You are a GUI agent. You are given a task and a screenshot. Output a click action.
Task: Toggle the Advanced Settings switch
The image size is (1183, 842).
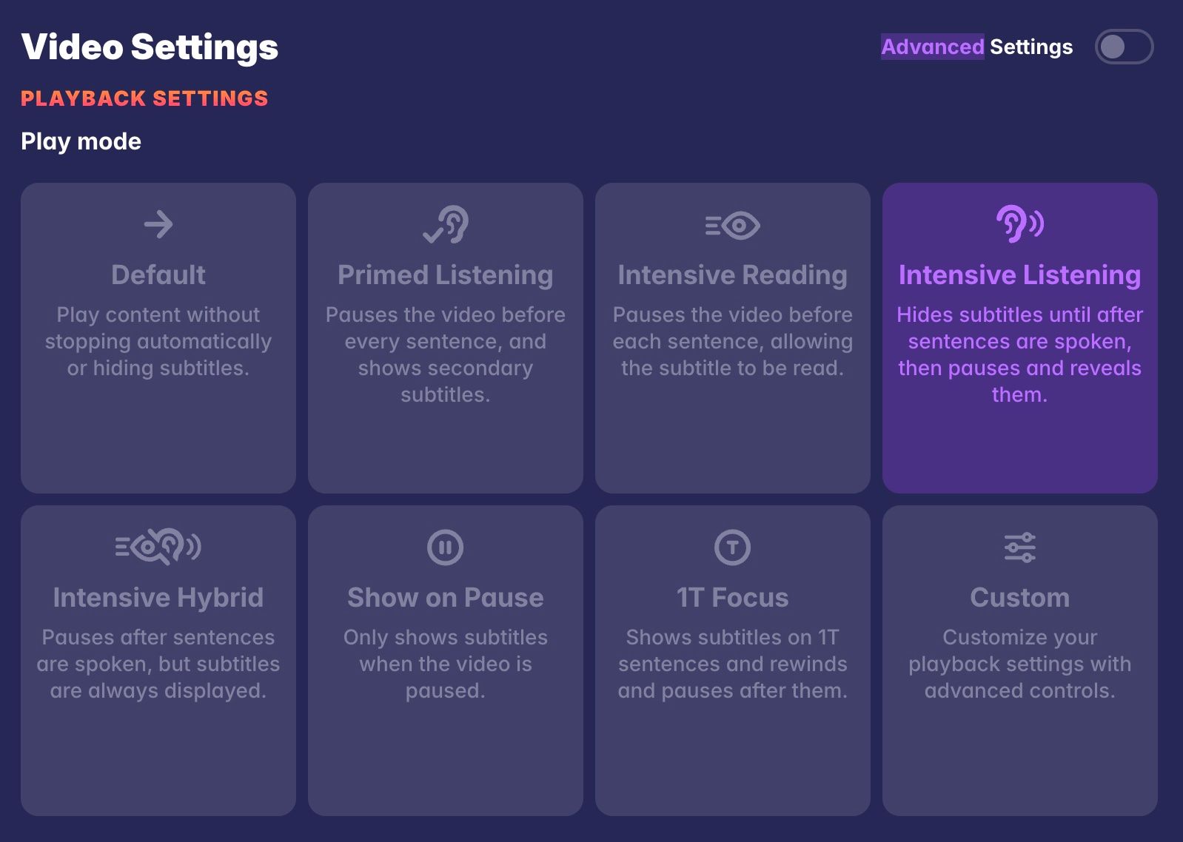point(1123,47)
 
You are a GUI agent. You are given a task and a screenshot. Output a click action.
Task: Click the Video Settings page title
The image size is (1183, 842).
point(150,47)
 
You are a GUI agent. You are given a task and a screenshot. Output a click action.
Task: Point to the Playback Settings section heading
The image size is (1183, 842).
point(144,98)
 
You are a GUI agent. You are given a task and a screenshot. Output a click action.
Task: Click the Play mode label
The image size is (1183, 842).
point(81,141)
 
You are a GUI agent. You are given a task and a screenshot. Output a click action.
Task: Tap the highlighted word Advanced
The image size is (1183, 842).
point(932,47)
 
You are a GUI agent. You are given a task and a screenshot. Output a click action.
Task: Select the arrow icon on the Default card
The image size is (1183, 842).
point(158,224)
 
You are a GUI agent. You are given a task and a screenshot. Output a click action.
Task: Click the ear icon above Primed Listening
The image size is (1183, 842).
point(446,224)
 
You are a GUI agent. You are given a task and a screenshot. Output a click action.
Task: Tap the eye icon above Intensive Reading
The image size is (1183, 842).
point(733,225)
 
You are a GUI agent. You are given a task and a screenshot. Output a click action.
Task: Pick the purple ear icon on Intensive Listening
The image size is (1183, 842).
point(1019,223)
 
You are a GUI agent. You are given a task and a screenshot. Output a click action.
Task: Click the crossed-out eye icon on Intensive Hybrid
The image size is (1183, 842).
point(158,548)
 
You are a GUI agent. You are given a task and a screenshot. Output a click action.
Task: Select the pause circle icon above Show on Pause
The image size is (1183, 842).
point(446,548)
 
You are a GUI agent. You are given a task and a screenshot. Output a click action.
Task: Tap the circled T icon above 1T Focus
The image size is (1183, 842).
point(733,548)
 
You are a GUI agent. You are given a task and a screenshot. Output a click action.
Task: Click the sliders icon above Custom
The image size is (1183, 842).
point(1019,548)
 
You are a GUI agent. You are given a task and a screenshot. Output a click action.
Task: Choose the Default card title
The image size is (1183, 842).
point(158,275)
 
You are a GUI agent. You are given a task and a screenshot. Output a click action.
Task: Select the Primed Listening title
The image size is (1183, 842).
point(446,275)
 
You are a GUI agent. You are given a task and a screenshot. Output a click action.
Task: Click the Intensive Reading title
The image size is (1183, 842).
point(733,275)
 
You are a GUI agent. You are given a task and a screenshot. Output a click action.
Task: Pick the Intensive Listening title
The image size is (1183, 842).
point(1019,275)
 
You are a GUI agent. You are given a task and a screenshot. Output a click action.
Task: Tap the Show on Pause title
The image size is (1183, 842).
point(446,597)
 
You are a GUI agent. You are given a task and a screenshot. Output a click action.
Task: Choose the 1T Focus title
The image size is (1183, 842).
point(733,597)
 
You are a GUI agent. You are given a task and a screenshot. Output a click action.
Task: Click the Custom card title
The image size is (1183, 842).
point(1019,597)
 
